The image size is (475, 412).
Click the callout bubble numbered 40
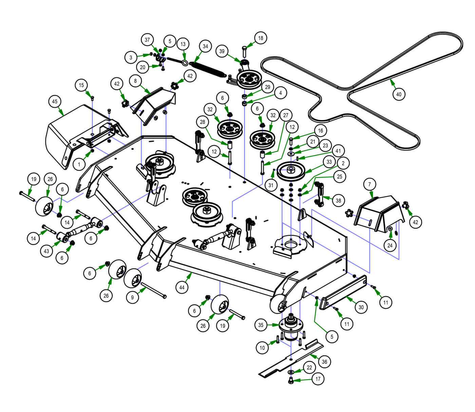[x=399, y=94]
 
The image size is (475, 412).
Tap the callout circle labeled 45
[x=55, y=101]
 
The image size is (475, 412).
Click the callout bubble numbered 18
[x=261, y=38]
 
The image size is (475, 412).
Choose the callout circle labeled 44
[x=182, y=287]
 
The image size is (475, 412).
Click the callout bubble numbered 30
[x=361, y=307]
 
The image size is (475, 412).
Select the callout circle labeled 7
[x=369, y=184]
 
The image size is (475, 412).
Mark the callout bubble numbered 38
[x=338, y=201]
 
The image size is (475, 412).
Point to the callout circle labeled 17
[x=318, y=379]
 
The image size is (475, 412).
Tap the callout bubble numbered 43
[x=46, y=251]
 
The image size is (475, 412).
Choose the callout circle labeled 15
[x=81, y=85]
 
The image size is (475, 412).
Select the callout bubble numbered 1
[x=79, y=165]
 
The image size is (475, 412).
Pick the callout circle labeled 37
[x=147, y=40]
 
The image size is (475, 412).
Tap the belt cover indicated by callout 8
[x=154, y=102]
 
